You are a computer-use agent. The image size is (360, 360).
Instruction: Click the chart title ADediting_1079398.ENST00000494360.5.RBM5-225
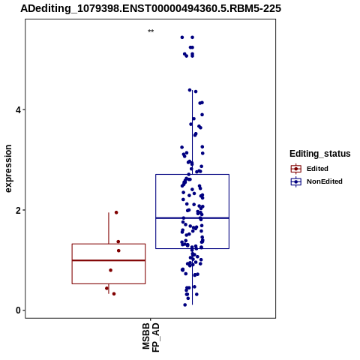(x=151, y=9)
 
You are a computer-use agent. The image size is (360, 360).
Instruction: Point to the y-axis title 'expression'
(x=8, y=169)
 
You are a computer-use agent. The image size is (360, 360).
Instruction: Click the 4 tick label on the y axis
(x=18, y=110)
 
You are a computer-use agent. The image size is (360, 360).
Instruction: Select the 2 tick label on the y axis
(x=18, y=210)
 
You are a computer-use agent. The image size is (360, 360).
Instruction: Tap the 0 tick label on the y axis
(x=18, y=310)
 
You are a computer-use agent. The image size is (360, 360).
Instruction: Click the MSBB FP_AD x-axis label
(x=151, y=337)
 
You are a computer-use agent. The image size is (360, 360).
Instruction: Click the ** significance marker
(x=151, y=31)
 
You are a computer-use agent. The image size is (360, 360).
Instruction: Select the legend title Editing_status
(x=320, y=154)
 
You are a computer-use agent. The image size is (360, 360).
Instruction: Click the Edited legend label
(x=317, y=169)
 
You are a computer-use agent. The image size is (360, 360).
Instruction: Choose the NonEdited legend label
(x=325, y=181)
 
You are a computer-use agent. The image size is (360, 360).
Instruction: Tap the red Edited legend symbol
(x=296, y=169)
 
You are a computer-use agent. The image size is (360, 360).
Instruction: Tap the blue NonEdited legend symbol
(x=296, y=181)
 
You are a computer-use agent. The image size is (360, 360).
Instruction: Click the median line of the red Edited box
(x=109, y=260)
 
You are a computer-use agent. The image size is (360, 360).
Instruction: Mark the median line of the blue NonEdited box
(x=192, y=218)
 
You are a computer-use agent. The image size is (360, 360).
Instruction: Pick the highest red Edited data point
(x=116, y=212)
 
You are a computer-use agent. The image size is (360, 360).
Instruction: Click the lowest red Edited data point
(x=114, y=294)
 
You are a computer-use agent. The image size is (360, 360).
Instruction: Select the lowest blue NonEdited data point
(x=185, y=304)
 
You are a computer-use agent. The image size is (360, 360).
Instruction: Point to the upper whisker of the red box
(x=109, y=228)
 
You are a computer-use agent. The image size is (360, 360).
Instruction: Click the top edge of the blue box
(x=192, y=175)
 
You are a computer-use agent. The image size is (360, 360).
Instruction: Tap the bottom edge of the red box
(x=109, y=283)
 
